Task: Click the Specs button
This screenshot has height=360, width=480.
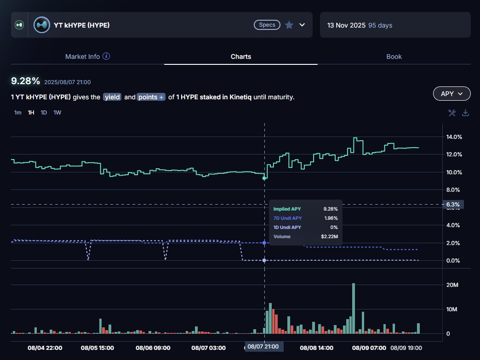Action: (267, 24)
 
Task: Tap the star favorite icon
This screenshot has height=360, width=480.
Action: (289, 25)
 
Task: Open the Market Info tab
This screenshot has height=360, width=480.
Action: (87, 57)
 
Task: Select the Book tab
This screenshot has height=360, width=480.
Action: (394, 57)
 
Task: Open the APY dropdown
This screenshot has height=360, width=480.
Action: (452, 93)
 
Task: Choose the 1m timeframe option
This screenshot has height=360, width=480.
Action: (17, 113)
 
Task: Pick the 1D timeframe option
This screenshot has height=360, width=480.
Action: (44, 113)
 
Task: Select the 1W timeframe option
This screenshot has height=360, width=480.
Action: (57, 113)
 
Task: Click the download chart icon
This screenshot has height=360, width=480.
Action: (465, 113)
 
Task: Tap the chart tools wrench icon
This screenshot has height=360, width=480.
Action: (452, 113)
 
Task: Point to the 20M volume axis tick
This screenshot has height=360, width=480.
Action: (452, 285)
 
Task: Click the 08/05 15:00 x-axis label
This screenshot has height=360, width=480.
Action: (97, 348)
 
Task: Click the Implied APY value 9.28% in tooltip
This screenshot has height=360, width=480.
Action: (331, 209)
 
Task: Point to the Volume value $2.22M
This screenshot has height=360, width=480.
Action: (329, 236)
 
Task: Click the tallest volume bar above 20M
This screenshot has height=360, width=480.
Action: (354, 308)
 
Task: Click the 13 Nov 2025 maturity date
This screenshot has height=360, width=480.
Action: (346, 25)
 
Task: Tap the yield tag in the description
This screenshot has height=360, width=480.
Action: (112, 97)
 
